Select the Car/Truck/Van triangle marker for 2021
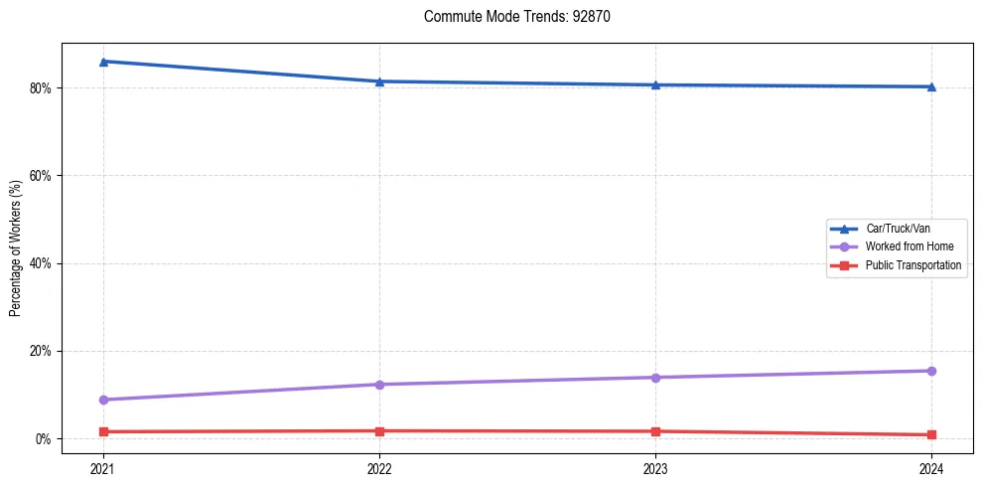click(103, 62)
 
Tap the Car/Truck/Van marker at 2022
click(379, 81)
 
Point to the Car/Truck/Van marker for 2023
click(655, 84)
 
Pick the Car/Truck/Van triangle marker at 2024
click(931, 86)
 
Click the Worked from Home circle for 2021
click(103, 400)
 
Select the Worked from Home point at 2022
click(379, 385)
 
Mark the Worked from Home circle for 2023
click(655, 378)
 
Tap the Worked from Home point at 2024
click(931, 371)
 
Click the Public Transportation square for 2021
click(103, 431)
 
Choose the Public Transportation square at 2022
click(379, 430)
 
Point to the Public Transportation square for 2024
click(931, 434)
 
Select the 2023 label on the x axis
click(655, 468)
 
